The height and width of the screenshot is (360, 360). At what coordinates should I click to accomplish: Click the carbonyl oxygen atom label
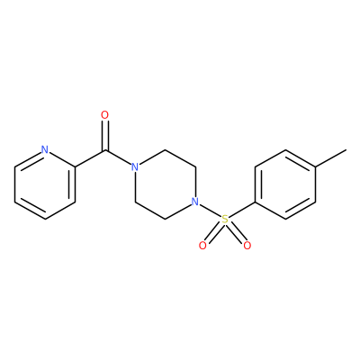click(104, 115)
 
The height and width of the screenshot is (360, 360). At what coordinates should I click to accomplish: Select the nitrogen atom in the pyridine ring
click(45, 149)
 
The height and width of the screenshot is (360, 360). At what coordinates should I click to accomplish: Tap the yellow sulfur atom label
click(225, 220)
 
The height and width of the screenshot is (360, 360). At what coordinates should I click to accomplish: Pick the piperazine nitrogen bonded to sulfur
click(195, 202)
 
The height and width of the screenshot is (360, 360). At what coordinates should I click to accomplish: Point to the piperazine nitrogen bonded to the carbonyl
click(135, 167)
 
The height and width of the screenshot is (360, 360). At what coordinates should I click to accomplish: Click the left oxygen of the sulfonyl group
click(202, 246)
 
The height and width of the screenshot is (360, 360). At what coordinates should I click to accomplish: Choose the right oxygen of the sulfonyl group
click(247, 246)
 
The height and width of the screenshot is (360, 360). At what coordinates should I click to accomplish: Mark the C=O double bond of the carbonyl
click(104, 135)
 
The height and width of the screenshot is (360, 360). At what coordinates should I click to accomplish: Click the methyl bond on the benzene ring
click(330, 158)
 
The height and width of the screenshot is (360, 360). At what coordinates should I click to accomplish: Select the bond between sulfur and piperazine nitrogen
click(210, 211)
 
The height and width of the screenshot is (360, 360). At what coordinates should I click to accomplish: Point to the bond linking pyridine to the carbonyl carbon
click(90, 158)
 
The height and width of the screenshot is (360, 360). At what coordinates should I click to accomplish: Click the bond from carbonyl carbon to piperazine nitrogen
click(118, 157)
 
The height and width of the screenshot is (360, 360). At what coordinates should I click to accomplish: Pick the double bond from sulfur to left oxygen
click(214, 233)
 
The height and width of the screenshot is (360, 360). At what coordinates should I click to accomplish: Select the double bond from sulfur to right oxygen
click(236, 233)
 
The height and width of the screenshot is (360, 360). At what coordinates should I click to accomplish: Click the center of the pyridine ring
click(45, 184)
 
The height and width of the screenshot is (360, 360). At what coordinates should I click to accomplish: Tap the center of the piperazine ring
click(165, 184)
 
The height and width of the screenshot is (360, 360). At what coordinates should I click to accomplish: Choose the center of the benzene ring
click(285, 184)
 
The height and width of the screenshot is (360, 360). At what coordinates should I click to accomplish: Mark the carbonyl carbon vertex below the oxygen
click(104, 150)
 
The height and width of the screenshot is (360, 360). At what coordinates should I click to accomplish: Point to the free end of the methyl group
click(346, 149)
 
